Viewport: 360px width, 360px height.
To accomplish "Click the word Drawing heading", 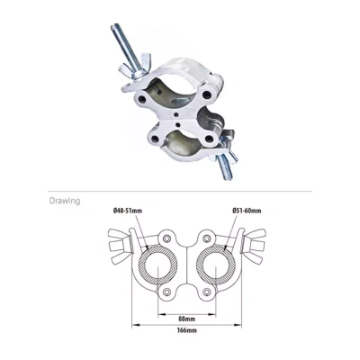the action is click(x=65, y=201).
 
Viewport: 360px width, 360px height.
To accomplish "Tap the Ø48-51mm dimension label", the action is click(x=128, y=211).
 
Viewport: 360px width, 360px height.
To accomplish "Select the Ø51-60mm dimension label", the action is click(x=247, y=211).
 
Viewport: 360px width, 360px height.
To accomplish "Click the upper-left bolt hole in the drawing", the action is click(x=166, y=238).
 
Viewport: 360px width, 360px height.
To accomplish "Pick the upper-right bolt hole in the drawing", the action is click(x=206, y=238).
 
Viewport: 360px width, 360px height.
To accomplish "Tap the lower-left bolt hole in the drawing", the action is click(x=166, y=292).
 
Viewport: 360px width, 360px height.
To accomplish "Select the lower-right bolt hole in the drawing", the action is click(x=206, y=292).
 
